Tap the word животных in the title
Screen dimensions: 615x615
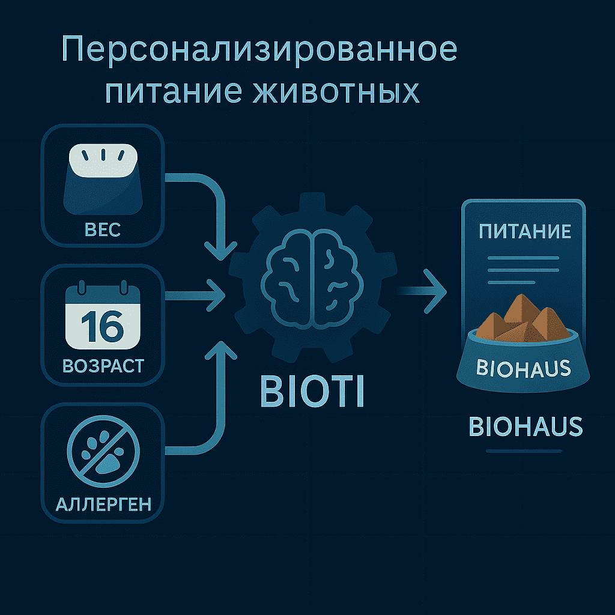pos(336,91)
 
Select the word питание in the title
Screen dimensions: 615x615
pos(174,91)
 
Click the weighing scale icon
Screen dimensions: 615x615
pos(103,179)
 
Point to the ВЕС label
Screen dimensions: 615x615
pos(103,230)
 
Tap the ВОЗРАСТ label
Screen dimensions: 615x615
pos(103,366)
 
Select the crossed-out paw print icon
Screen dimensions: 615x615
pos(103,451)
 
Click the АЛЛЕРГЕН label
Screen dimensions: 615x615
pos(103,504)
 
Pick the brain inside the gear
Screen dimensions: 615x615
pos(312,279)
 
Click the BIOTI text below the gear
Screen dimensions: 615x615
pos(312,392)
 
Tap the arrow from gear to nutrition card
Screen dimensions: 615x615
pos(422,291)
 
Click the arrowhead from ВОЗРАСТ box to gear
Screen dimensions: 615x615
pos(216,295)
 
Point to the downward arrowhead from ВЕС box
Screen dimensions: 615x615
pos(221,251)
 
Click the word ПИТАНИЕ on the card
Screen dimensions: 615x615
pos(525,231)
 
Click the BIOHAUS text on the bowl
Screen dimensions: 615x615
pos(523,368)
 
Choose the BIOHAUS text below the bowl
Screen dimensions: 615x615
pos(526,427)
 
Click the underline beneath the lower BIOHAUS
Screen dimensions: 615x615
pos(524,451)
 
